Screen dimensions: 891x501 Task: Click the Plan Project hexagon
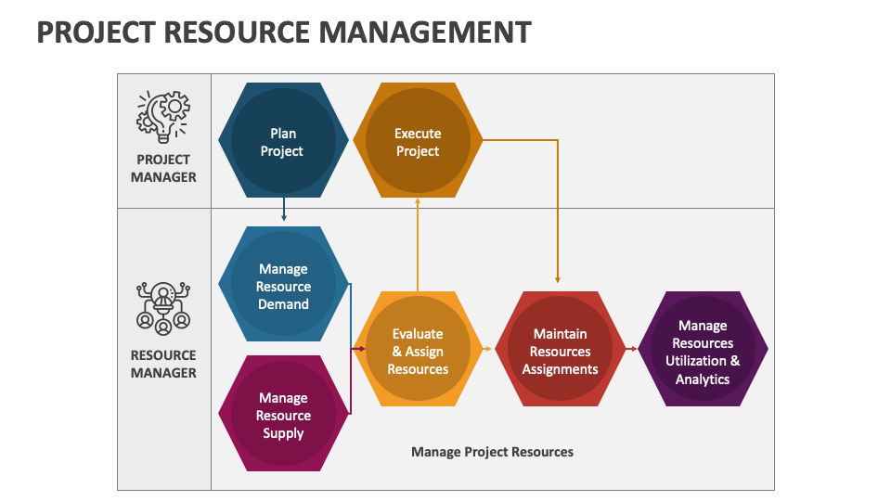click(x=283, y=140)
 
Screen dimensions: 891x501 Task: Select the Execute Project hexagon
click(x=418, y=140)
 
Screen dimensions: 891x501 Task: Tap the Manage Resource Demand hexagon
click(x=283, y=284)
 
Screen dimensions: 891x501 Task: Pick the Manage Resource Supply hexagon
click(x=283, y=414)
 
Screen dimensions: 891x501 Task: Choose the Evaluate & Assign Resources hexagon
click(x=418, y=349)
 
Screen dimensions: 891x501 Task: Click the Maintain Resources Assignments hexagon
click(x=560, y=349)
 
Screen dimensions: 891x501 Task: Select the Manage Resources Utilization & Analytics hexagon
click(x=703, y=349)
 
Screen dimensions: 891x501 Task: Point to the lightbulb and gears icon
click(x=163, y=117)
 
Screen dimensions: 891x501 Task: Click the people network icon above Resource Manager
click(x=163, y=308)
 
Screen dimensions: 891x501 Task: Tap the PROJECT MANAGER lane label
click(x=163, y=168)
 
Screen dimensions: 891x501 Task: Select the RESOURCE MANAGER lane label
click(x=163, y=364)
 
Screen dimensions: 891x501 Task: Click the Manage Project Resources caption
click(x=492, y=452)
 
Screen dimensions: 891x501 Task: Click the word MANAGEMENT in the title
click(x=425, y=32)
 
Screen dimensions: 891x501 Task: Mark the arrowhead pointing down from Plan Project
click(x=284, y=217)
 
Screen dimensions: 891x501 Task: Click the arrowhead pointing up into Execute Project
click(x=418, y=201)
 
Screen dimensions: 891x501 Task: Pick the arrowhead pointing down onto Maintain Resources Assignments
click(x=558, y=279)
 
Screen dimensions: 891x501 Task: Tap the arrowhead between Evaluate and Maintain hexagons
click(x=487, y=349)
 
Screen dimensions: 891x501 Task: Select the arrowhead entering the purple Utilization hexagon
click(x=634, y=349)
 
